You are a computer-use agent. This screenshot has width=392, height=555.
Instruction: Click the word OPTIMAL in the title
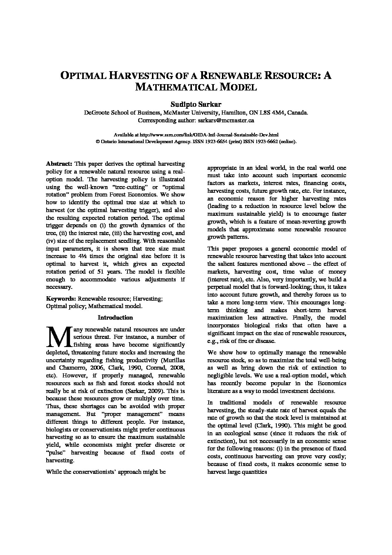[x=83, y=76]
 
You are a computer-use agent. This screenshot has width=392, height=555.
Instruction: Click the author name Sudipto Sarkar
[x=196, y=105]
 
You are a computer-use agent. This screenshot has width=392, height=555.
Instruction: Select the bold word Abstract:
[x=59, y=163]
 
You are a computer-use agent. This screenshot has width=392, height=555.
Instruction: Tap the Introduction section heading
[x=115, y=317]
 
